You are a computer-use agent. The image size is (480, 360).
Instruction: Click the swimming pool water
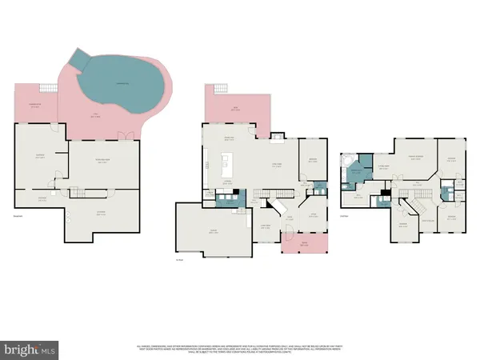[x=120, y=84]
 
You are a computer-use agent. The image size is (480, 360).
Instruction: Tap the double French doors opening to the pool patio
[x=122, y=135]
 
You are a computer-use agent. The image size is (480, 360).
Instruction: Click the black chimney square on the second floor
[x=385, y=193]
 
